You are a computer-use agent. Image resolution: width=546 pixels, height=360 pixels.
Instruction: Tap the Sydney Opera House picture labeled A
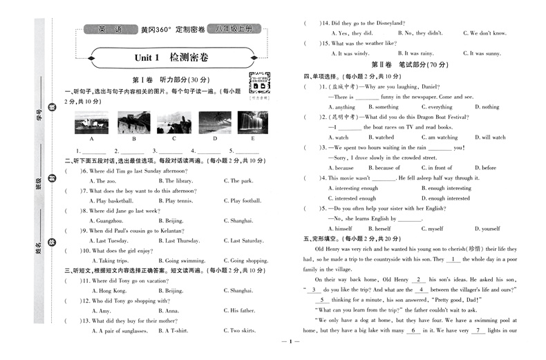pos(91,123)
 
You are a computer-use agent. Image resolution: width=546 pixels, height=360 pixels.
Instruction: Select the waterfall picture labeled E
pos(252,123)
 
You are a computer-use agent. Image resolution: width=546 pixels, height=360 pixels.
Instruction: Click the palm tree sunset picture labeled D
pos(215,123)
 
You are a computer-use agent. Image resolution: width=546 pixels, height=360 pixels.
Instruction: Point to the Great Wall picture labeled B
pos(133,123)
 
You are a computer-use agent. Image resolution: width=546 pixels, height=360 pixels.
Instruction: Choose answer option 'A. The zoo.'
pos(106,181)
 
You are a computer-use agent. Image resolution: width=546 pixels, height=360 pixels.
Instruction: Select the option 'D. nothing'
pos(487,107)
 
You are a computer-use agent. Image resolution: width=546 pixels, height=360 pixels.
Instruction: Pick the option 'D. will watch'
pos(490,138)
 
